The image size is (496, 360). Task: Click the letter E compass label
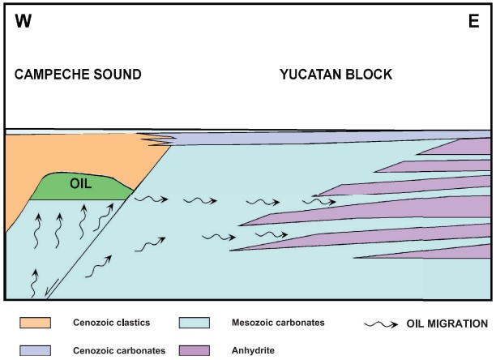click(x=474, y=21)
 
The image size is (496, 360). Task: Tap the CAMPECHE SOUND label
click(x=78, y=75)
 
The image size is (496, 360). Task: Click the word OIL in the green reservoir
click(x=79, y=184)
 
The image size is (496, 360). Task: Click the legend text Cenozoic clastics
click(x=111, y=323)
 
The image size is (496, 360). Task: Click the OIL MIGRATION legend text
click(x=446, y=324)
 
